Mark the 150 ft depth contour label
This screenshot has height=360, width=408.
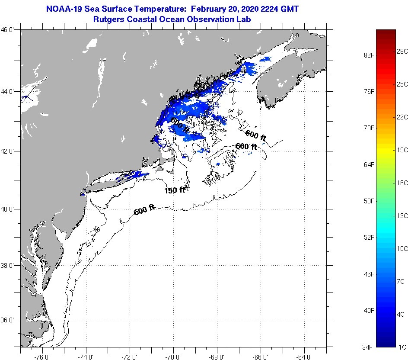pos(175,190)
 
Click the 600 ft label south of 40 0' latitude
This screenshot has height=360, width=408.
pos(144,211)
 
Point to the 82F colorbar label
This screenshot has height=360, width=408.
pos(368,55)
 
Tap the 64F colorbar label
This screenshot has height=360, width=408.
pos(368,165)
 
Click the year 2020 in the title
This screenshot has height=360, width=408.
pos(245,9)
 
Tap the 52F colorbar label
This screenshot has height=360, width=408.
pos(368,238)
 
